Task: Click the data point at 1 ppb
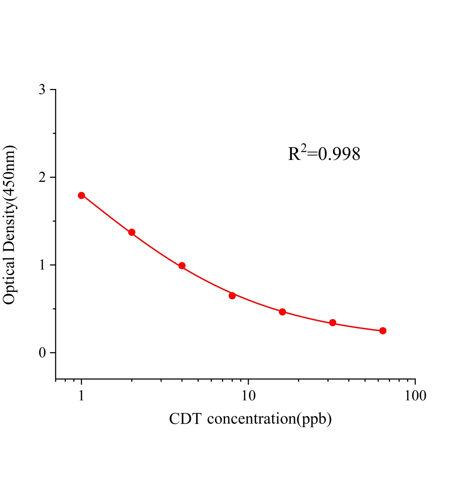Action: tap(81, 195)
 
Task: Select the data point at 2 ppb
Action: tap(132, 232)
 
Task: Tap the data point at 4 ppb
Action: tap(182, 266)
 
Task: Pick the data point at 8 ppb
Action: tap(232, 296)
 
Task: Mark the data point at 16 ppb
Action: tap(282, 312)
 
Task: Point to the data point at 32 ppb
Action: tap(333, 323)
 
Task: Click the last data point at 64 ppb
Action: tap(383, 331)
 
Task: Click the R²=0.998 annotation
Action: tap(324, 154)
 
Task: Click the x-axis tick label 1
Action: tap(81, 396)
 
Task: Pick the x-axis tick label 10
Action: tap(248, 396)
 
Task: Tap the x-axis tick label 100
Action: tap(415, 396)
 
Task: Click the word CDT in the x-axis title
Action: tap(185, 419)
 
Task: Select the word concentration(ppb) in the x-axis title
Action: tap(269, 419)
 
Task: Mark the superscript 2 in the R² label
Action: tap(303, 148)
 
